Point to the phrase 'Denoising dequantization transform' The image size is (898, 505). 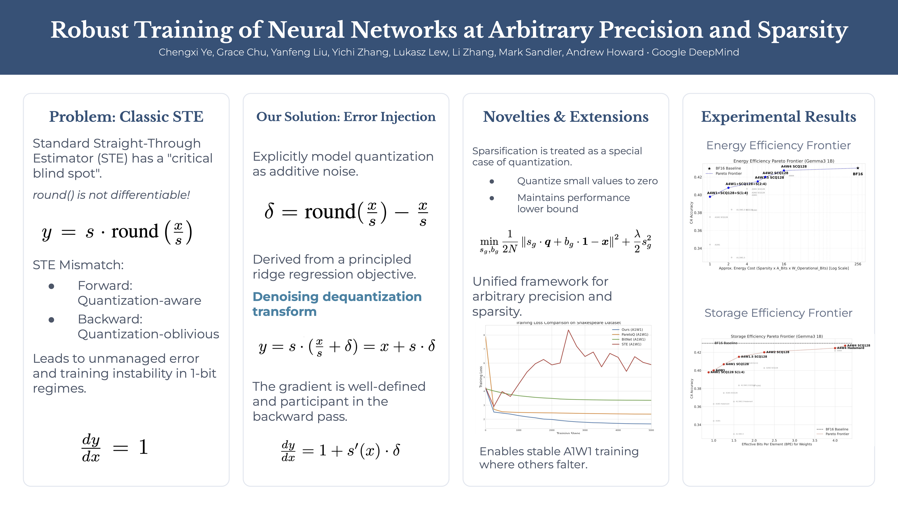[337, 304]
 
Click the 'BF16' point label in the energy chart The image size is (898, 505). [858, 174]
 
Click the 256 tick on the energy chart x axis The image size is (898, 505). [858, 264]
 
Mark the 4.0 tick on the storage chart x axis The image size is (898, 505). [835, 441]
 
